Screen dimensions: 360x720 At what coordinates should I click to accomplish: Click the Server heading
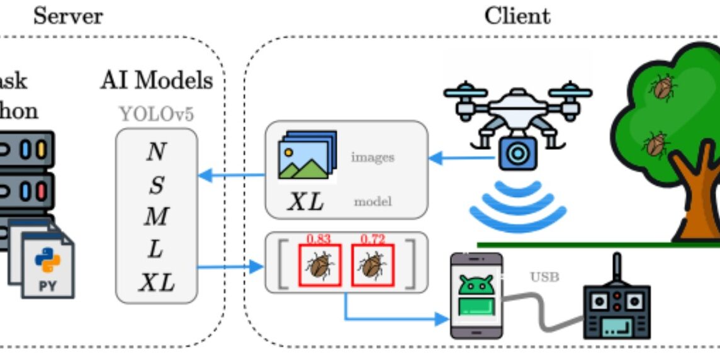click(68, 16)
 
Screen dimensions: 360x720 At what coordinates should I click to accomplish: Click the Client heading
click(517, 16)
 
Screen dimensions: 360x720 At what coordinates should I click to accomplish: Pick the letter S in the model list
click(156, 185)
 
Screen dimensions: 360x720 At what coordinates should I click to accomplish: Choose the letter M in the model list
click(156, 217)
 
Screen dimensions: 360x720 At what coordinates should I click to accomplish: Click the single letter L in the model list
click(156, 250)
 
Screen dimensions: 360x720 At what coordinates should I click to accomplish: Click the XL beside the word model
click(306, 201)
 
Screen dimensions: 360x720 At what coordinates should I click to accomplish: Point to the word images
click(373, 157)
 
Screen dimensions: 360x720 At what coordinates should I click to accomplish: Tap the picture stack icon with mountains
click(307, 155)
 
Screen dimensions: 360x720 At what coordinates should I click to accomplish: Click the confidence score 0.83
click(318, 239)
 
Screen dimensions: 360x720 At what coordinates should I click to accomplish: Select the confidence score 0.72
click(372, 239)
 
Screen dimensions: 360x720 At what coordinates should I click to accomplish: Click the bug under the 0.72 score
click(372, 265)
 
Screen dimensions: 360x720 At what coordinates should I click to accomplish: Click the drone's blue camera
click(519, 153)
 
